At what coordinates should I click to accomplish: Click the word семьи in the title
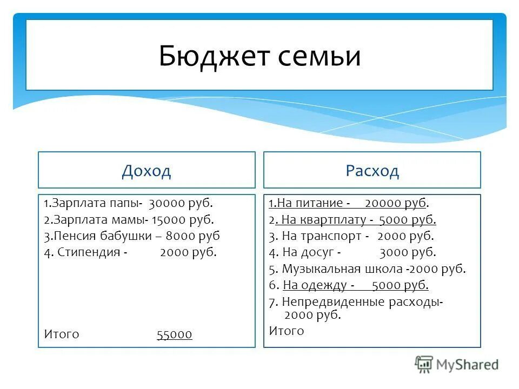[x=320, y=57]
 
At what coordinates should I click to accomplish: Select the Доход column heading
[x=147, y=171]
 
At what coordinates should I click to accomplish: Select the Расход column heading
[x=372, y=171]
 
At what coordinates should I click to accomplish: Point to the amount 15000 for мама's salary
[x=169, y=220]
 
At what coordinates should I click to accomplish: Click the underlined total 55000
[x=174, y=334]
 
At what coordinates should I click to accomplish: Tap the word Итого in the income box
[x=62, y=334]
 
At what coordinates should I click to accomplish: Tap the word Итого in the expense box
[x=287, y=331]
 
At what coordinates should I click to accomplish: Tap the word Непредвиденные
[x=329, y=301]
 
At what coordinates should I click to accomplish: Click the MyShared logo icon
[x=424, y=364]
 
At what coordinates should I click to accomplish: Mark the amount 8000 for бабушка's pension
[x=180, y=236]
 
